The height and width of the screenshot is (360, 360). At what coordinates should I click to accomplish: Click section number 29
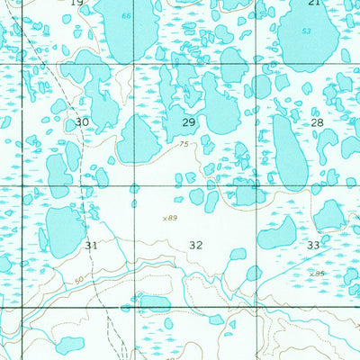189,121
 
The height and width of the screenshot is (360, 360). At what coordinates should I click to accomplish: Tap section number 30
82,121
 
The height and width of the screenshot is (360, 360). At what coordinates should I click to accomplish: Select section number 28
317,121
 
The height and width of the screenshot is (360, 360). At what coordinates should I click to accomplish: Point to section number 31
91,245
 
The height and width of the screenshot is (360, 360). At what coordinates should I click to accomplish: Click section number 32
196,245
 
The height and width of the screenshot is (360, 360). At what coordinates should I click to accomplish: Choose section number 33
313,245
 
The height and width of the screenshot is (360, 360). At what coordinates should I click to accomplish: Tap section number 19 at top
76,4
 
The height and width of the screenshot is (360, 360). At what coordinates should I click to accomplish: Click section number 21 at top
313,4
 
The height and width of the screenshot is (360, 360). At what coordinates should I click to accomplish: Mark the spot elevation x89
169,218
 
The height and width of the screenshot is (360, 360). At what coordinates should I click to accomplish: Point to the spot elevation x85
315,274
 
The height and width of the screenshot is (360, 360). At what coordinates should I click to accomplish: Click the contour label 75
184,144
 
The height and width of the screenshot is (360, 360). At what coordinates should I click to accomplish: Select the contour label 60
79,280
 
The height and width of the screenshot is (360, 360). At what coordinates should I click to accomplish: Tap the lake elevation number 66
126,17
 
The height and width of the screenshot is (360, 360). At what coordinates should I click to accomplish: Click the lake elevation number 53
307,31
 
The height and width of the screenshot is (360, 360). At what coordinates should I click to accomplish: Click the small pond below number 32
238,255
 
